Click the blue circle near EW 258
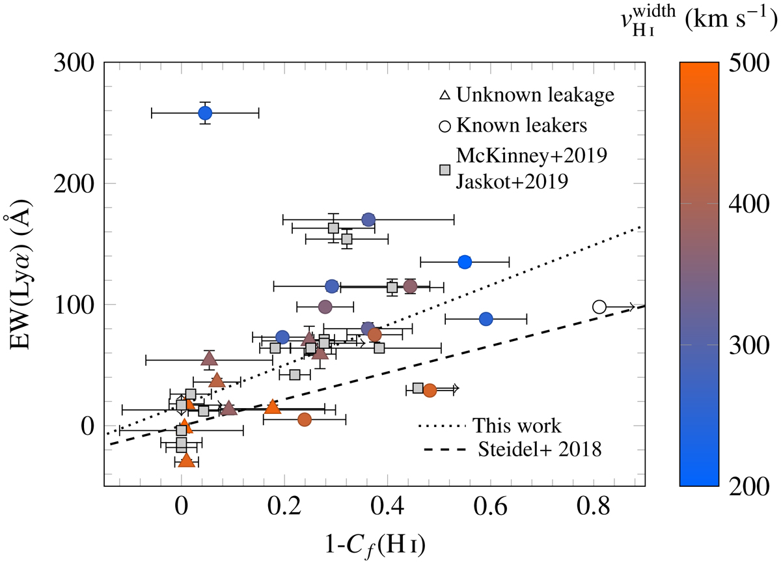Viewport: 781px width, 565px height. pyautogui.click(x=205, y=113)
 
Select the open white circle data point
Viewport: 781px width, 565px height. pyautogui.click(x=599, y=307)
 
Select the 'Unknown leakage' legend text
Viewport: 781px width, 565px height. pyautogui.click(x=535, y=95)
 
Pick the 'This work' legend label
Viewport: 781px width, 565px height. pyautogui.click(x=517, y=426)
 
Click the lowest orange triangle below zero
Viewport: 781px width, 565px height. pyautogui.click(x=187, y=460)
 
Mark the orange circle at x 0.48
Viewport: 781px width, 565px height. pyautogui.click(x=430, y=391)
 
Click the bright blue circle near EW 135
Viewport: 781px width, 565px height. pyautogui.click(x=465, y=262)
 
